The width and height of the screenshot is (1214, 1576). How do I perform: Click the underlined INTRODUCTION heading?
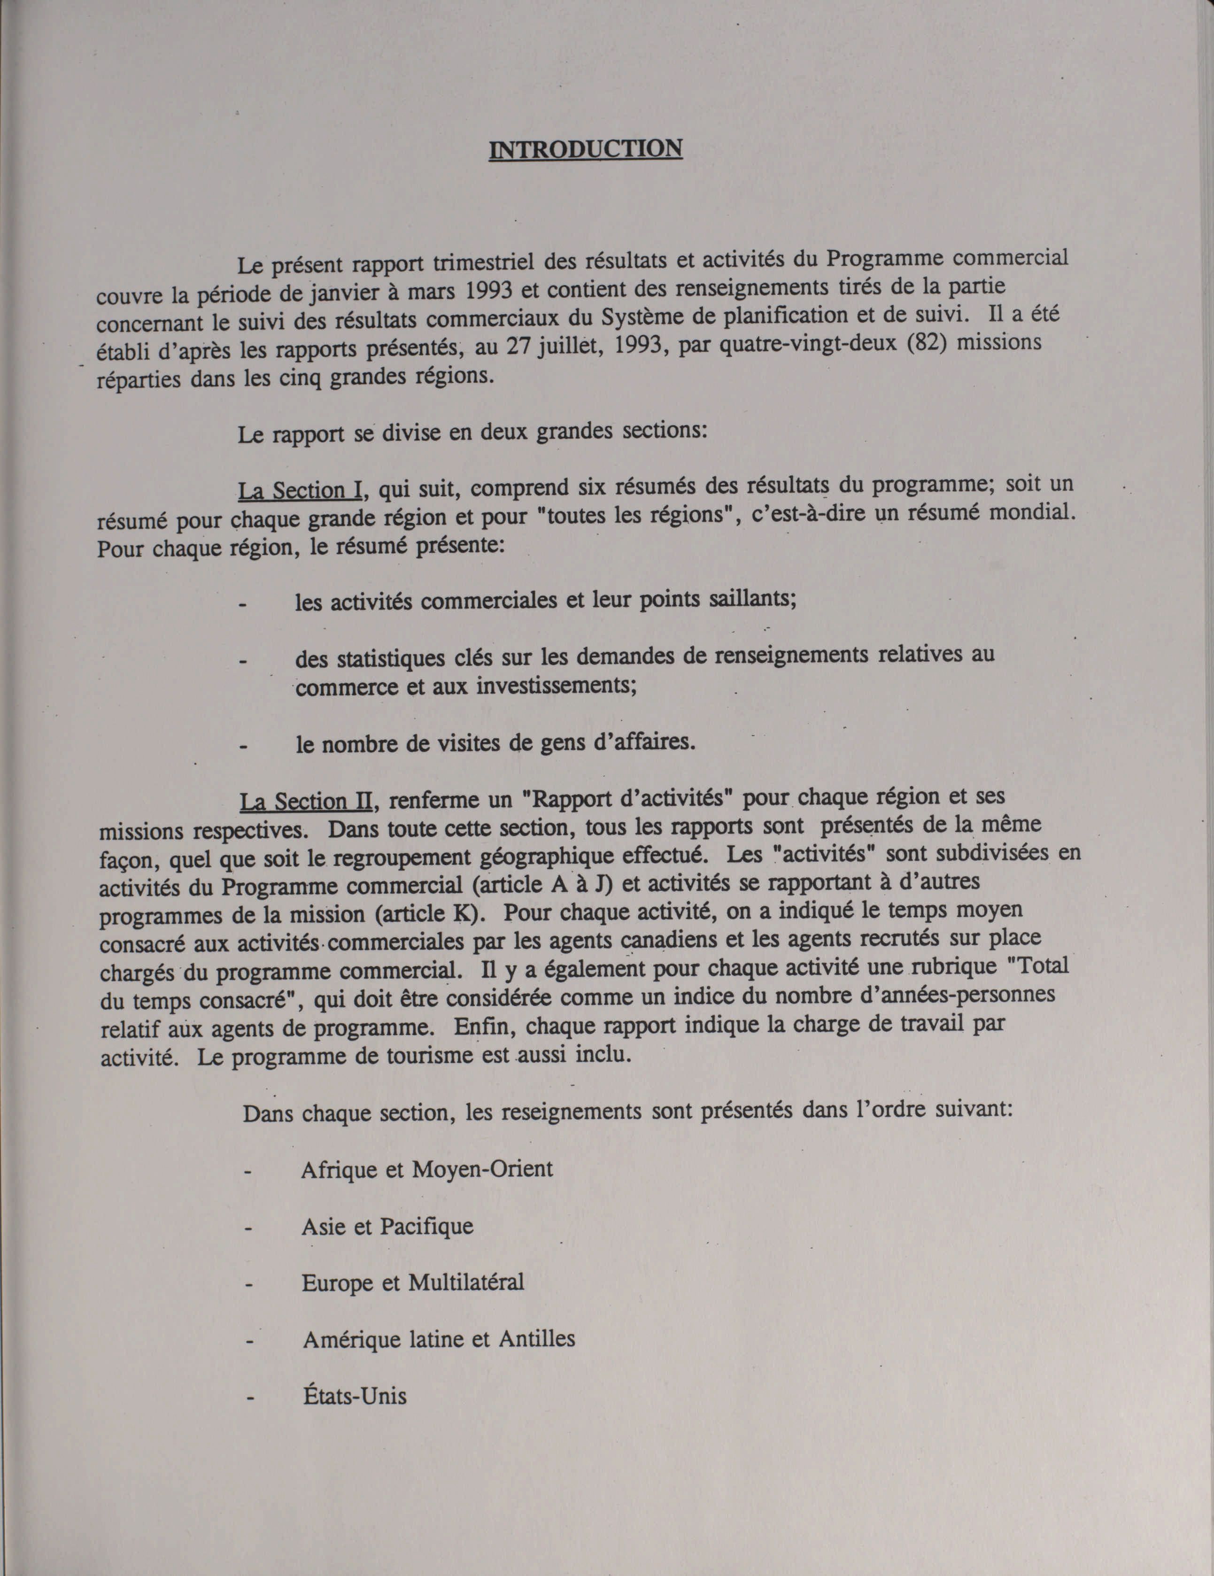585,149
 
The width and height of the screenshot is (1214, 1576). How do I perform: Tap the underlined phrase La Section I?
300,491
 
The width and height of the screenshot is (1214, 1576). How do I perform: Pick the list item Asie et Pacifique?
387,1227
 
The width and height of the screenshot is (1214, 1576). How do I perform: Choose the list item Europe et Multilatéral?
412,1283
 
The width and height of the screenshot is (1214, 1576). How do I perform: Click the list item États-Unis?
355,1396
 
